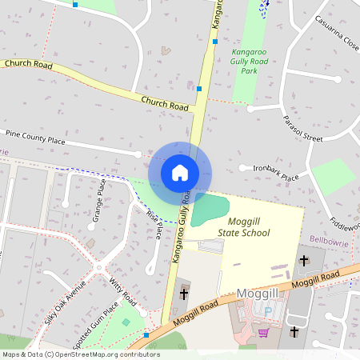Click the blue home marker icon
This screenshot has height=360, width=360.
180,172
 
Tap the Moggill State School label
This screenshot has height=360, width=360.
244,226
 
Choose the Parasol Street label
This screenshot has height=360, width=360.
302,127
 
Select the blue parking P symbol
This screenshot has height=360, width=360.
268,311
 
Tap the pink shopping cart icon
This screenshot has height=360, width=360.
263,332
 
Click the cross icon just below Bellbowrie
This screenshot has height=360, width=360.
303,259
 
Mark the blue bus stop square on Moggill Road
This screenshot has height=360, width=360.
146,335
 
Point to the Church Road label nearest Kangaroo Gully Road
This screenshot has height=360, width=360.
164,102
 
